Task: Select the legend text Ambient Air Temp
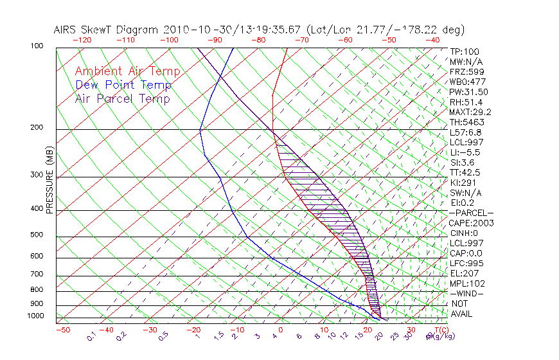pos(127,72)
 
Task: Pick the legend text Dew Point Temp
pos(123,85)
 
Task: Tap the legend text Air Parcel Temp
pos(122,99)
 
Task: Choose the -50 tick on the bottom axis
pos(62,330)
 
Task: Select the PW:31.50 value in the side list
pos(468,92)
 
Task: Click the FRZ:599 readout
pos(466,72)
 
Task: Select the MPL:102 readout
pos(467,283)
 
